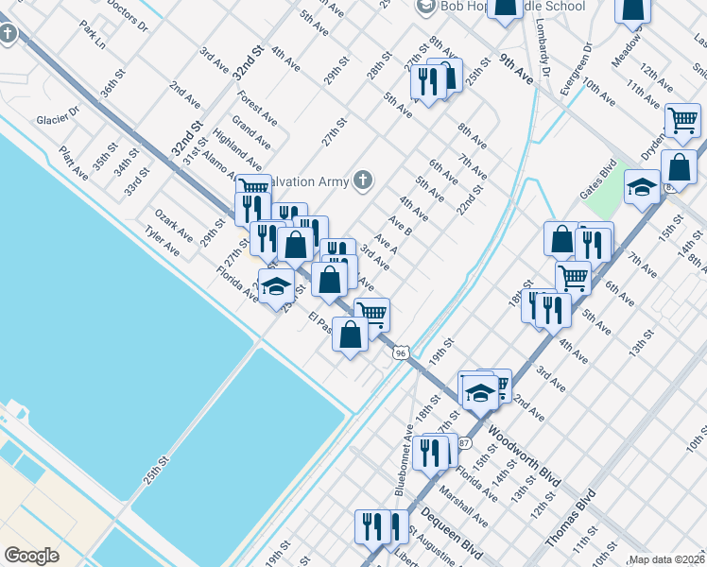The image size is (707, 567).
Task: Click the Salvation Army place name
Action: (311, 180)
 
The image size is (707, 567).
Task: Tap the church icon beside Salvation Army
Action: (362, 180)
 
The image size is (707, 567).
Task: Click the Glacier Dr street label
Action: (58, 120)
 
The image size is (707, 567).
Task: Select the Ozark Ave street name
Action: (173, 226)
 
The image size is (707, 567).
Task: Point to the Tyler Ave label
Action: (162, 243)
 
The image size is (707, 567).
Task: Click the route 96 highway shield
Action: (402, 352)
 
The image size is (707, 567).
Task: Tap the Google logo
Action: (31, 556)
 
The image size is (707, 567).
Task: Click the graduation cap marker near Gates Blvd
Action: (642, 186)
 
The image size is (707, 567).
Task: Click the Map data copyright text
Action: (667, 559)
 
